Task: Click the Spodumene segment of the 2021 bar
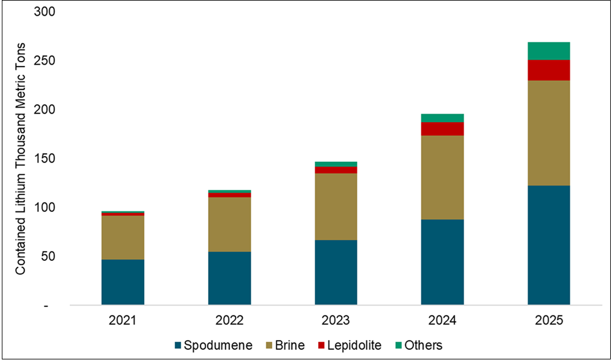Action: [x=123, y=282]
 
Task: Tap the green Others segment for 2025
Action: [x=549, y=51]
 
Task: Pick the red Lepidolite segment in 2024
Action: [x=442, y=129]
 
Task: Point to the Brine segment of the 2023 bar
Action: [x=336, y=207]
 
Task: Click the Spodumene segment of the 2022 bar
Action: [x=229, y=278]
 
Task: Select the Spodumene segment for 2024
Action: [x=442, y=262]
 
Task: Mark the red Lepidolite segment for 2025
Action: [x=549, y=70]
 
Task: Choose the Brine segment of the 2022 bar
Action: [x=229, y=224]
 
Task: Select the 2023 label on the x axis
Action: [x=336, y=320]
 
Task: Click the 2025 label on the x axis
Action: [x=549, y=320]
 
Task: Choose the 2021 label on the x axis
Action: [x=123, y=320]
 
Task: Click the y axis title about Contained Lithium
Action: [x=21, y=158]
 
